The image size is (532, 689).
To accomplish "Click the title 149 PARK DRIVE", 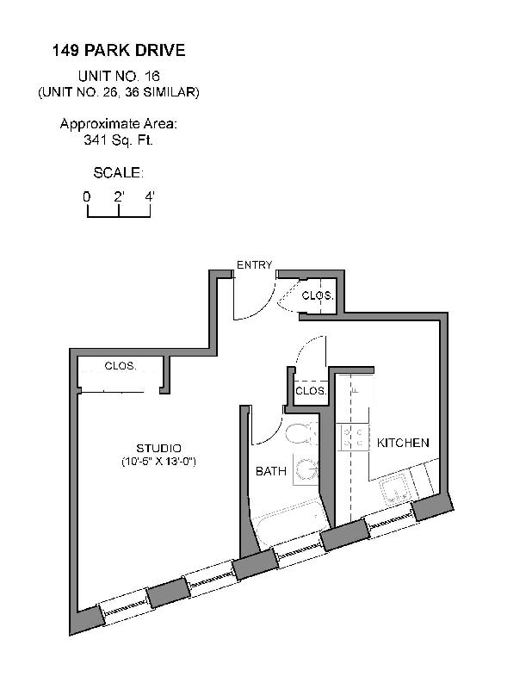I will (x=118, y=51).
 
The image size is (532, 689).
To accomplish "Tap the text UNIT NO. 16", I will (x=119, y=76).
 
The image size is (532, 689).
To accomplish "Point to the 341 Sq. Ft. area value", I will (x=119, y=139).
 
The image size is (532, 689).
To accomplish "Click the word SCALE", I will (x=118, y=172).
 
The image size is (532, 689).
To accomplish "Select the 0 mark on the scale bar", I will (x=87, y=196).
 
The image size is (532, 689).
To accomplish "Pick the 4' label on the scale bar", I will (x=150, y=196).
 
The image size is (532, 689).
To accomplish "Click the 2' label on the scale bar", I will (x=119, y=196).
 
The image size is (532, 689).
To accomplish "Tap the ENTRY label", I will (x=254, y=265).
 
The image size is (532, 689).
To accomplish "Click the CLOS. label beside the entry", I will (x=317, y=295).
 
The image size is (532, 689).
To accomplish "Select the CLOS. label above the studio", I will (x=121, y=365).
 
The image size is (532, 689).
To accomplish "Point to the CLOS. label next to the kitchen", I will (x=311, y=391).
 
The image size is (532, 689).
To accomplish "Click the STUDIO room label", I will (x=158, y=448).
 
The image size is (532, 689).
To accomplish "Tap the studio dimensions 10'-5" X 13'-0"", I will (x=158, y=462).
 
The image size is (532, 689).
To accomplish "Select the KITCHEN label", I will (x=403, y=443).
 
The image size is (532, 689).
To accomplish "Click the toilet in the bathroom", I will (x=301, y=434).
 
